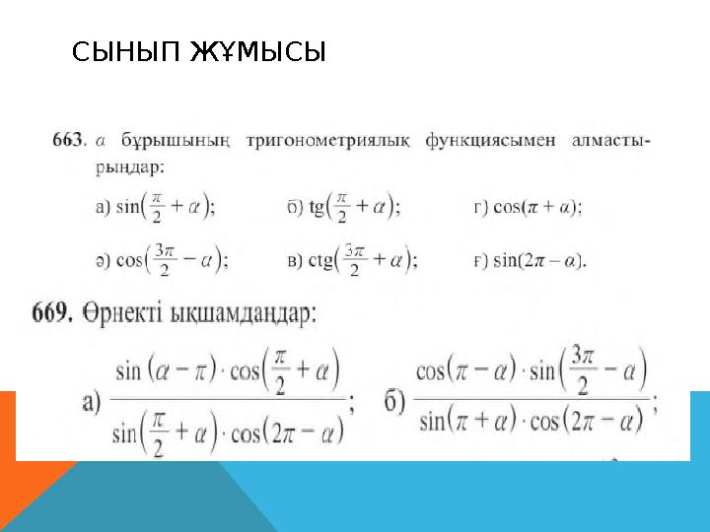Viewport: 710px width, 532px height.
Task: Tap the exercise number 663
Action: coord(66,141)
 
